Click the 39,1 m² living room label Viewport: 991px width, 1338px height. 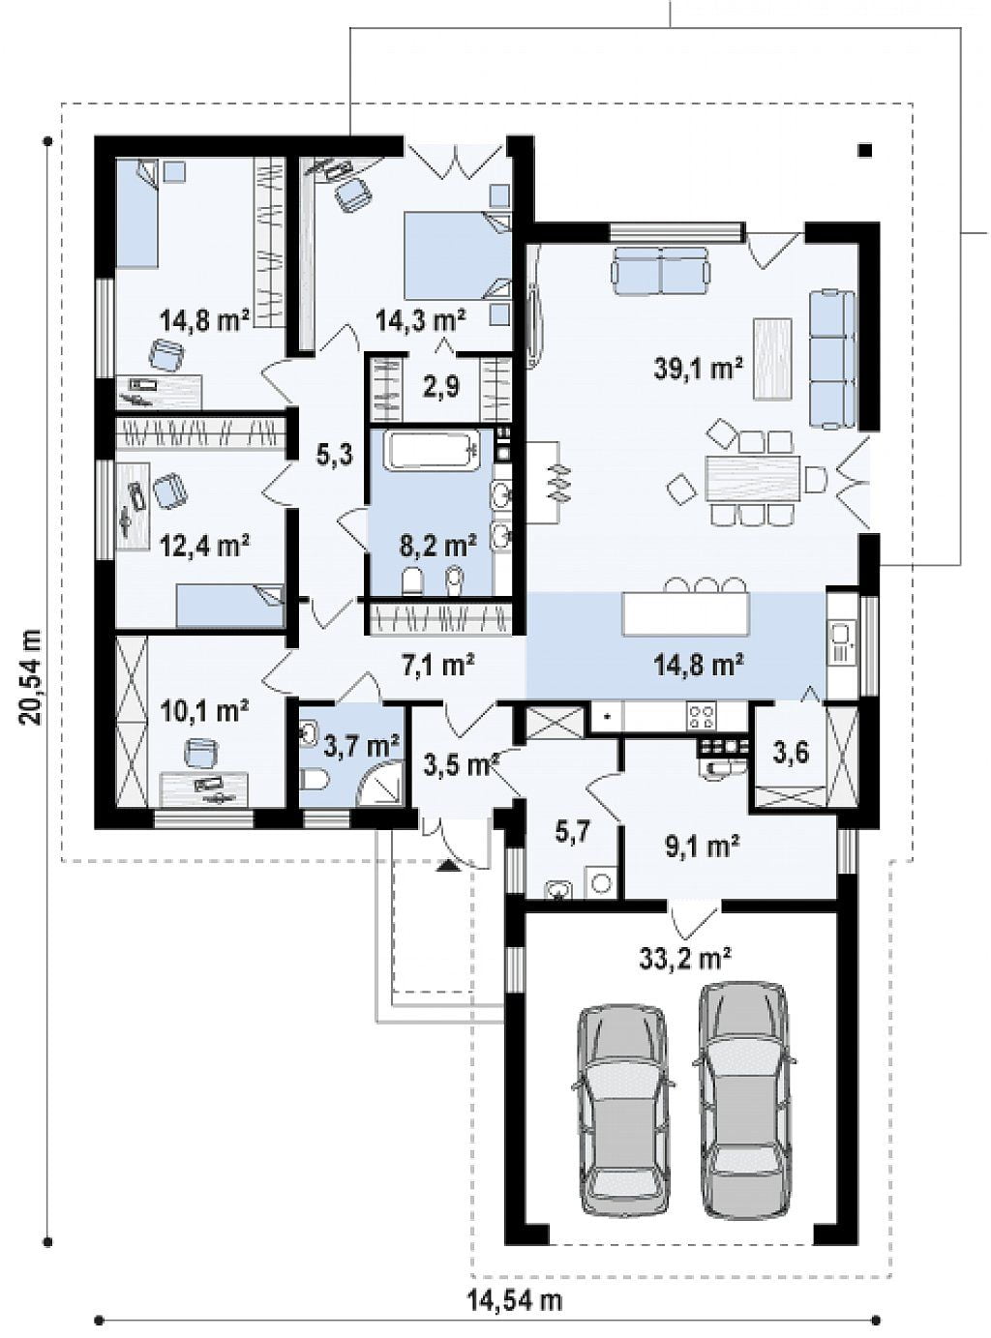click(x=699, y=367)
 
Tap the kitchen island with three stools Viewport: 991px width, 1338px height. click(x=687, y=613)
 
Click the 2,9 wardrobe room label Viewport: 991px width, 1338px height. click(x=440, y=386)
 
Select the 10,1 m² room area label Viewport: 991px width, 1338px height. click(x=204, y=712)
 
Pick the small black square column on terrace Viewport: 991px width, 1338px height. click(x=866, y=150)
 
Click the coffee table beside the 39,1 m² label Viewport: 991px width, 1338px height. click(x=774, y=358)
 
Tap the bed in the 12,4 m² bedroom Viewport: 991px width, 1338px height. click(x=230, y=605)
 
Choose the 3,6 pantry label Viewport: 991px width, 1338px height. click(x=791, y=753)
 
